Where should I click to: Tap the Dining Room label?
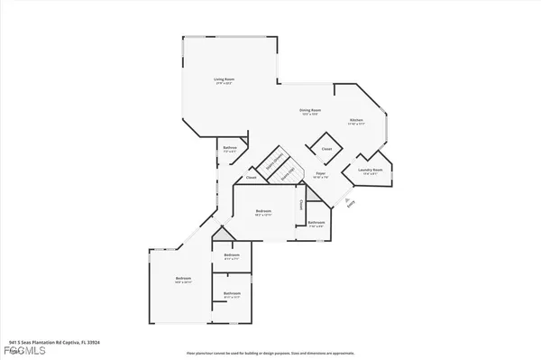tap(311, 111)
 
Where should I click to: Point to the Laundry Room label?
tap(371, 170)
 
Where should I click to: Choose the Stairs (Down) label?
tap(270, 163)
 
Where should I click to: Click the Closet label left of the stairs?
tap(252, 178)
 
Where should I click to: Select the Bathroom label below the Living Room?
tap(229, 149)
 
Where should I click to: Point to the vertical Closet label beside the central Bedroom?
tap(301, 205)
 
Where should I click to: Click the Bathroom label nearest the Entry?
tap(316, 222)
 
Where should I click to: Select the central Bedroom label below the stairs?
tap(264, 213)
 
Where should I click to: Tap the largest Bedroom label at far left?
tap(184, 280)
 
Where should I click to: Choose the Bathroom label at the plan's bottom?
tap(232, 293)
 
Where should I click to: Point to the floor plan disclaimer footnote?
tap(270, 353)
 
